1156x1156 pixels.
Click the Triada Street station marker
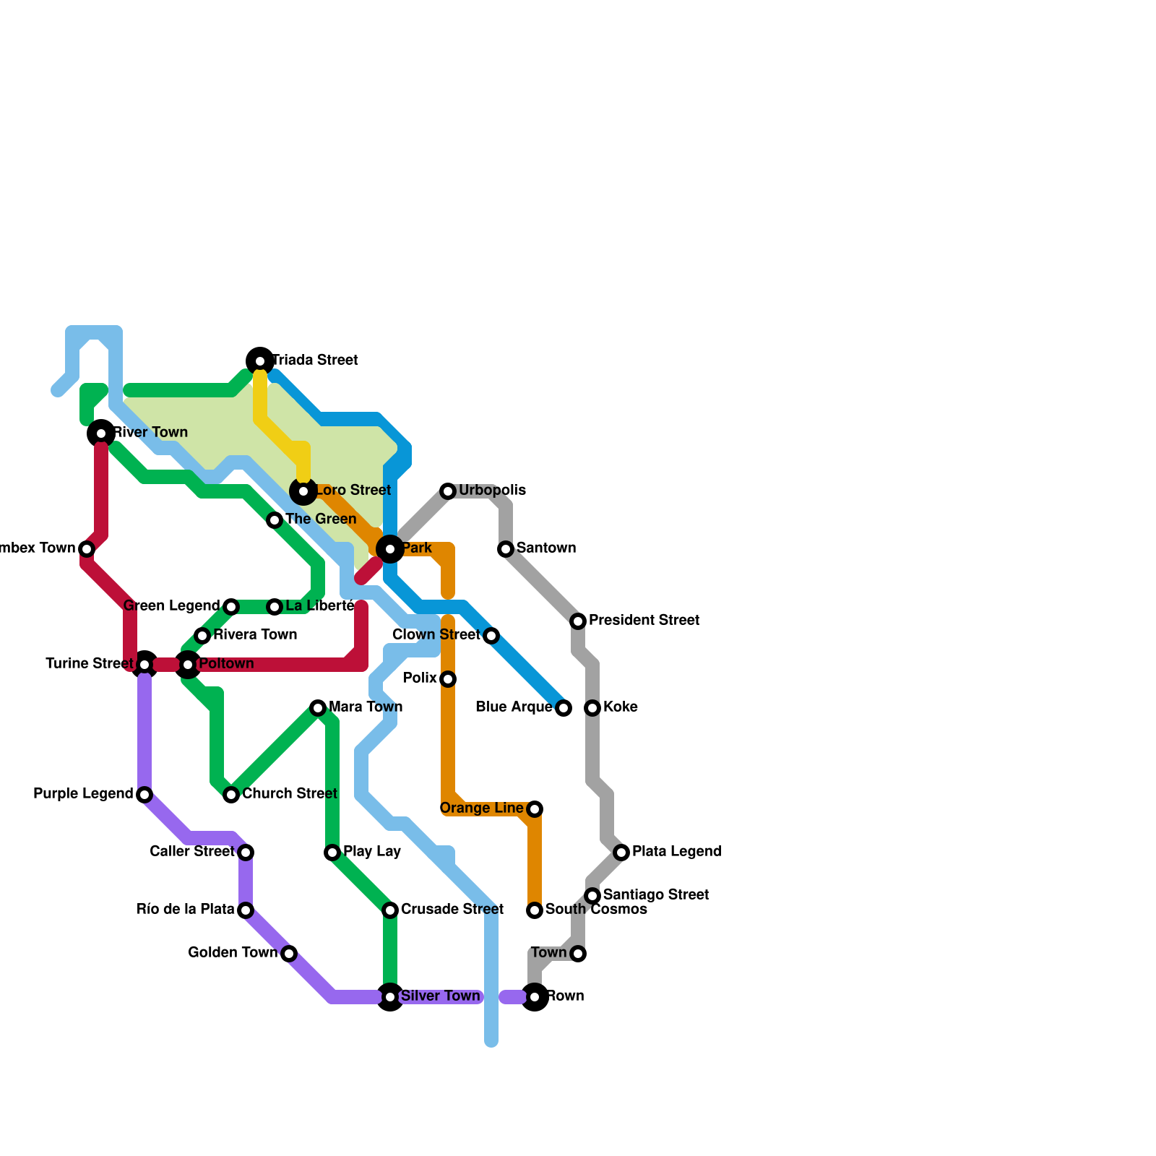[x=260, y=361]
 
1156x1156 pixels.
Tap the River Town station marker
[x=101, y=433]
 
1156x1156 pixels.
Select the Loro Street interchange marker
[x=303, y=491]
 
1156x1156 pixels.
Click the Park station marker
[x=390, y=549]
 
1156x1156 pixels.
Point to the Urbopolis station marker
[x=448, y=491]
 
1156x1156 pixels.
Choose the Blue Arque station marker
[x=564, y=708]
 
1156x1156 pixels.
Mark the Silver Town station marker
[x=390, y=997]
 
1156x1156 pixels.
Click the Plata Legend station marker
[x=621, y=853]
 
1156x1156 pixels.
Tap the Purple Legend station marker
[x=144, y=795]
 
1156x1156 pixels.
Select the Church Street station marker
[x=231, y=795]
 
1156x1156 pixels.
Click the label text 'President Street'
[x=644, y=621]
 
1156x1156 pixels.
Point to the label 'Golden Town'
[x=233, y=953]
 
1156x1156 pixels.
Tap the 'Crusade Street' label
[x=452, y=909]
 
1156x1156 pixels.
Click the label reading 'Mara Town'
[x=366, y=707]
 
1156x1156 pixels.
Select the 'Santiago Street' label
[x=656, y=895]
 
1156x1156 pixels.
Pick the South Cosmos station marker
[x=535, y=910]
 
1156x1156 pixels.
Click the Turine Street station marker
[x=144, y=664]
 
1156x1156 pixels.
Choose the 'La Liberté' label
[x=320, y=606]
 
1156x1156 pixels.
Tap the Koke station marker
[x=592, y=708]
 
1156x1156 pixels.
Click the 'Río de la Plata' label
[x=186, y=910]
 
